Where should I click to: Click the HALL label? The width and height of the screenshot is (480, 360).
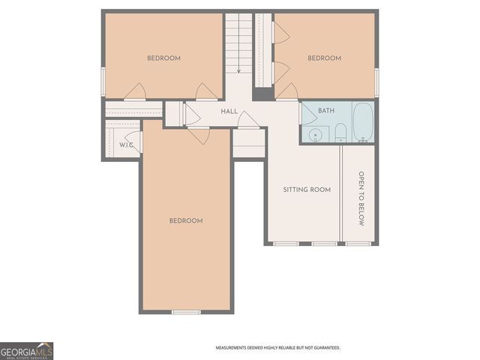pyautogui.click(x=229, y=111)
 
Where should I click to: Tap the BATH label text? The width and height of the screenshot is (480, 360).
pyautogui.click(x=326, y=111)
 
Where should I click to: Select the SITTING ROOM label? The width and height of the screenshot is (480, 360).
pyautogui.click(x=307, y=190)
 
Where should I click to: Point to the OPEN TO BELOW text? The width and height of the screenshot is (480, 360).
pyautogui.click(x=361, y=197)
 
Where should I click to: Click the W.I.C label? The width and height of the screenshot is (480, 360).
pyautogui.click(x=126, y=144)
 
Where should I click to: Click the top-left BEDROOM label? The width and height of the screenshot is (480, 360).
pyautogui.click(x=163, y=58)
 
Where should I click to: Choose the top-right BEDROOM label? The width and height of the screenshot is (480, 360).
pyautogui.click(x=324, y=58)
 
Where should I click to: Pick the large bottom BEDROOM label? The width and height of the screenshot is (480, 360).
pyautogui.click(x=185, y=220)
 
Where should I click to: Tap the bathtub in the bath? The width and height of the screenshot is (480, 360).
pyautogui.click(x=363, y=123)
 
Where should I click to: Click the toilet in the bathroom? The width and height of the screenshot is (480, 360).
pyautogui.click(x=340, y=133)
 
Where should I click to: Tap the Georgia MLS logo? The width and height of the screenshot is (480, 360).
pyautogui.click(x=26, y=351)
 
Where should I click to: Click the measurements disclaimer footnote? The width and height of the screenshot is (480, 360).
pyautogui.click(x=277, y=348)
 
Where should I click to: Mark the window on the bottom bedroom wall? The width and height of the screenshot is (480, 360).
pyautogui.click(x=186, y=311)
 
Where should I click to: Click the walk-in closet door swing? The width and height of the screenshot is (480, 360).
pyautogui.click(x=133, y=142)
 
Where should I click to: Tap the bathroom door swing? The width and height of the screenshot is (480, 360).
pyautogui.click(x=307, y=114)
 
